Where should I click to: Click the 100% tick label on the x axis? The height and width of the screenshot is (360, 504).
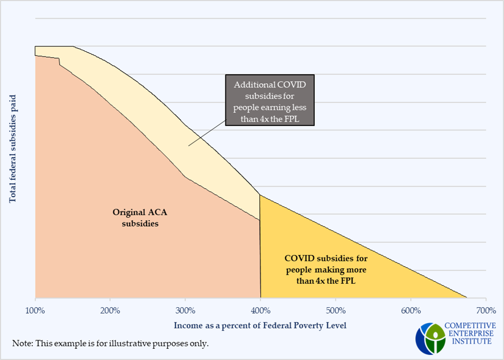[35, 310]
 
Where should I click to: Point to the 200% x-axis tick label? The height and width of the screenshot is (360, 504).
[110, 310]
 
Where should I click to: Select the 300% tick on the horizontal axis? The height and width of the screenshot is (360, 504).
[185, 310]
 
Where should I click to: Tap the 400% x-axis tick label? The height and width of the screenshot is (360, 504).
[260, 310]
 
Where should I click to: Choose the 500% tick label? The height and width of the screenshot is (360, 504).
[336, 310]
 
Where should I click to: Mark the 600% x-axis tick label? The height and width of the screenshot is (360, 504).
[411, 310]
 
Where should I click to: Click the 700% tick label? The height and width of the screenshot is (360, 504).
[486, 310]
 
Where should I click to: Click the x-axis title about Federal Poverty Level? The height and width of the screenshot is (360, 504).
[260, 325]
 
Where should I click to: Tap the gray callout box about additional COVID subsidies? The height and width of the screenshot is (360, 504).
[270, 100]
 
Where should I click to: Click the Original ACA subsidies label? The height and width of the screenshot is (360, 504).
[135, 218]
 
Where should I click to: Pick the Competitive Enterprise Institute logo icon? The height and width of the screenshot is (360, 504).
[430, 338]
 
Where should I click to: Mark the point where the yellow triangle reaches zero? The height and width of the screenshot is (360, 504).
[467, 298]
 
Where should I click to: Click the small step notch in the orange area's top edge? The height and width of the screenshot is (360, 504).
[59, 62]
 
